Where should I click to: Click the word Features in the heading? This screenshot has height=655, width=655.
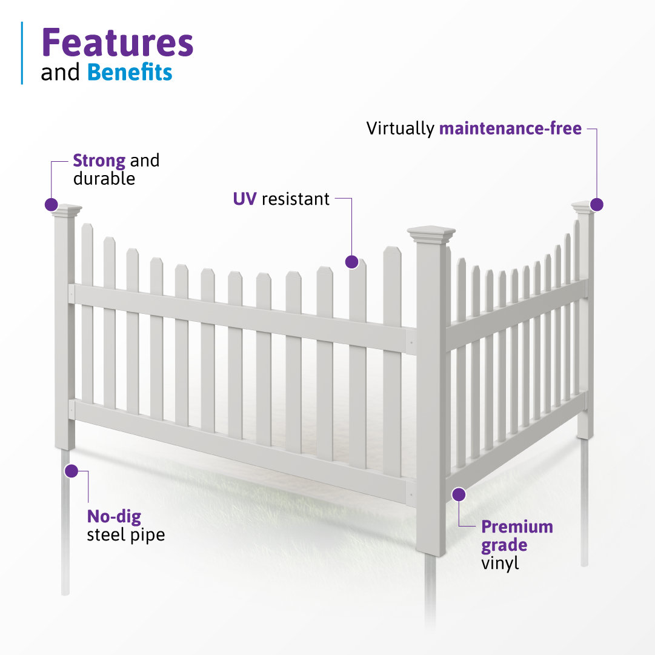(117, 44)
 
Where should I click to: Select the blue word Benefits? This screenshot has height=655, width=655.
(130, 72)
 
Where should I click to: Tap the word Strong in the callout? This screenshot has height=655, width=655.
(99, 161)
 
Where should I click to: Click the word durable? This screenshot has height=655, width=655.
(104, 179)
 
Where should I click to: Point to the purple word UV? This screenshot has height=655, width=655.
(245, 198)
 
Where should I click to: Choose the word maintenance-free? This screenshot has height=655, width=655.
(510, 128)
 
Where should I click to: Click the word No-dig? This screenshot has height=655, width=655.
(114, 517)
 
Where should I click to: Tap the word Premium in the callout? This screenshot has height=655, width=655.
(517, 527)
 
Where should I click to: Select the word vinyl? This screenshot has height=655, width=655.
(500, 563)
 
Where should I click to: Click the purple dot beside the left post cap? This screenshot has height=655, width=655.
(52, 205)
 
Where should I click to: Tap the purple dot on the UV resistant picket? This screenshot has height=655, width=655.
(351, 262)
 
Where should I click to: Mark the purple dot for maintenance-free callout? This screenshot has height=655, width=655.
(597, 205)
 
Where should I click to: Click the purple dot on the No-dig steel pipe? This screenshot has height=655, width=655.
(71, 470)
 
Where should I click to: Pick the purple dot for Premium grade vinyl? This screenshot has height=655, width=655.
(459, 494)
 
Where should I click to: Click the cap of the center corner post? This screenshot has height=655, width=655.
(431, 234)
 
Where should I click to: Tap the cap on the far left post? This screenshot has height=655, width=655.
(66, 210)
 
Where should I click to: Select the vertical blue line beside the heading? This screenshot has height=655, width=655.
(22, 53)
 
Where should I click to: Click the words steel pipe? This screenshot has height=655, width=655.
(125, 535)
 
